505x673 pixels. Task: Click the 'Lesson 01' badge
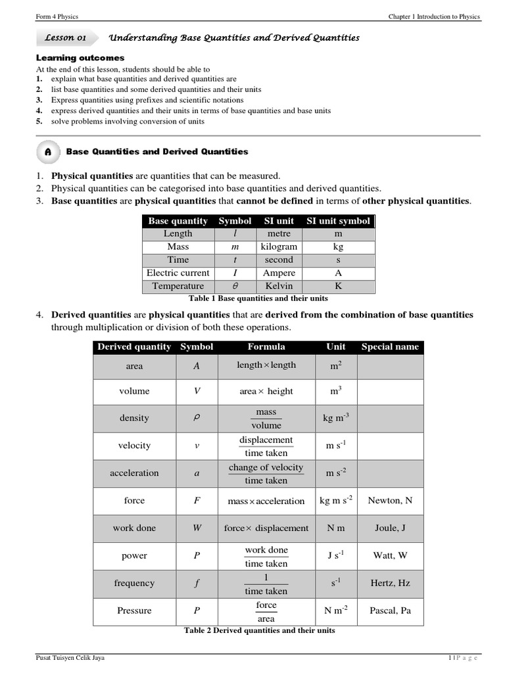[x=64, y=38]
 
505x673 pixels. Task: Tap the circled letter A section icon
[x=48, y=152]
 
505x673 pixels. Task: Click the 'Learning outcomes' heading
[x=80, y=58]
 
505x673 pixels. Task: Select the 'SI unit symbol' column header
[x=338, y=221]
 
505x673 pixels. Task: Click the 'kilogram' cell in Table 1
[x=279, y=246]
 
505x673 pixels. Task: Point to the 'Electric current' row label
[x=178, y=273]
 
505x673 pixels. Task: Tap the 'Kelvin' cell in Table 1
[x=279, y=286]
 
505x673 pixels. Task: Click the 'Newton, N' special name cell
[x=390, y=501]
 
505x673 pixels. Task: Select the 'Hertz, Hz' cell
[x=390, y=583]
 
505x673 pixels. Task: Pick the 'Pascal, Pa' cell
[x=390, y=611]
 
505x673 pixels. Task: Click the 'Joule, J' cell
[x=390, y=528]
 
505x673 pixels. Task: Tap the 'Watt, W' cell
[x=390, y=555]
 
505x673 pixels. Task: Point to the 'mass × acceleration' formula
[x=266, y=501]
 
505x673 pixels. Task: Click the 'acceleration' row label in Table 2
[x=134, y=473]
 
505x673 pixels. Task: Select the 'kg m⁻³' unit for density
[x=335, y=418]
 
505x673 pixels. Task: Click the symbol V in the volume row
[x=197, y=391]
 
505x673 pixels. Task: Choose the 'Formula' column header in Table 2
[x=266, y=347]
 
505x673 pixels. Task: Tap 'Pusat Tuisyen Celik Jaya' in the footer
[x=70, y=658]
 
